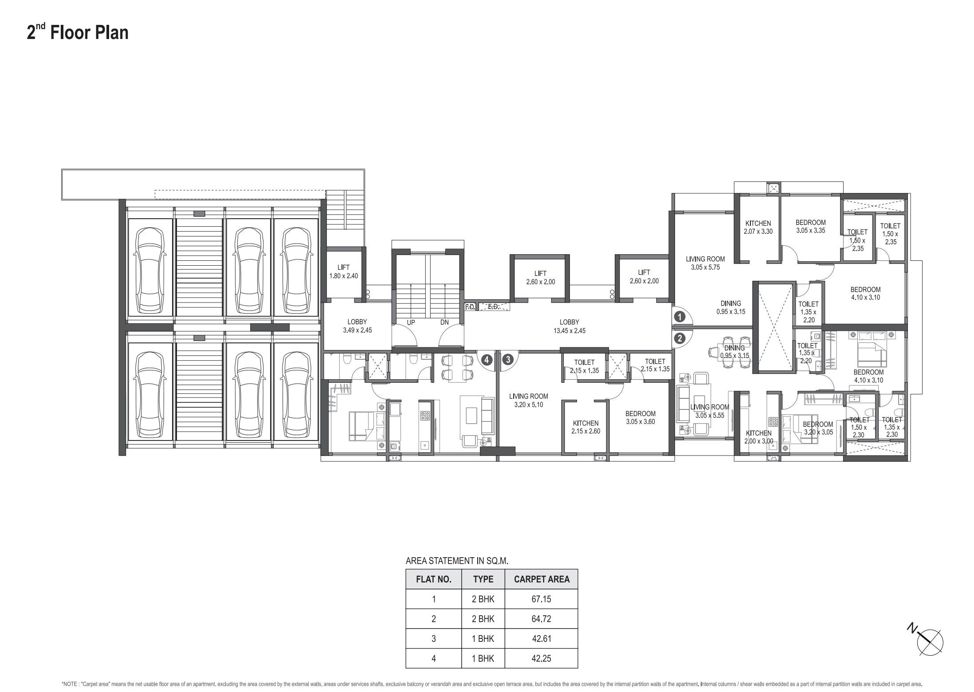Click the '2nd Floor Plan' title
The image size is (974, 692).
(78, 32)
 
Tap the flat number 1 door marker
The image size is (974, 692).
(679, 317)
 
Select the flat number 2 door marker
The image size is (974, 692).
(679, 338)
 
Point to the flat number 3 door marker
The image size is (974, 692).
(508, 359)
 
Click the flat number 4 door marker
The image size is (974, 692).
(487, 359)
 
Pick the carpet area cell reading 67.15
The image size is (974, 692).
(541, 599)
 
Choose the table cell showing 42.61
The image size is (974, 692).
(541, 639)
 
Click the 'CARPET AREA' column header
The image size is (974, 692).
(542, 579)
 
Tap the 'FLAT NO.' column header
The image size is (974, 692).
(434, 579)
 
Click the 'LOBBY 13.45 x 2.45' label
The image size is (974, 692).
(569, 326)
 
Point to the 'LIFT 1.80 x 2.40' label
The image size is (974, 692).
(343, 271)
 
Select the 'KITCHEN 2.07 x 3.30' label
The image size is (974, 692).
(758, 227)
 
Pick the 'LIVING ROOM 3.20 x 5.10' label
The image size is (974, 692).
(529, 401)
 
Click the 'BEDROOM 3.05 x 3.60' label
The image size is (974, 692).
(640, 417)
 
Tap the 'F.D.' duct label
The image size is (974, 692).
(470, 307)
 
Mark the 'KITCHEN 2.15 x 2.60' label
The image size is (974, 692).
(586, 427)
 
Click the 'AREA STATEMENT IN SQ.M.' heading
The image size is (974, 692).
(457, 561)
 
